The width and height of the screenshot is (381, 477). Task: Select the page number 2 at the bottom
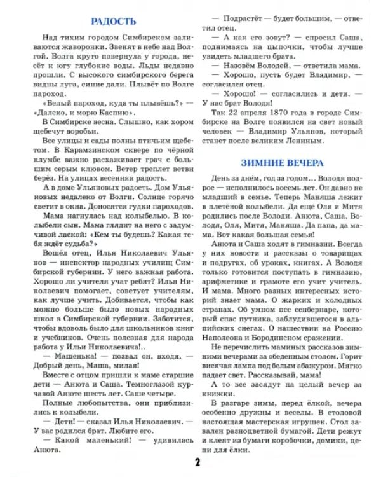pyautogui.click(x=198, y=461)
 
